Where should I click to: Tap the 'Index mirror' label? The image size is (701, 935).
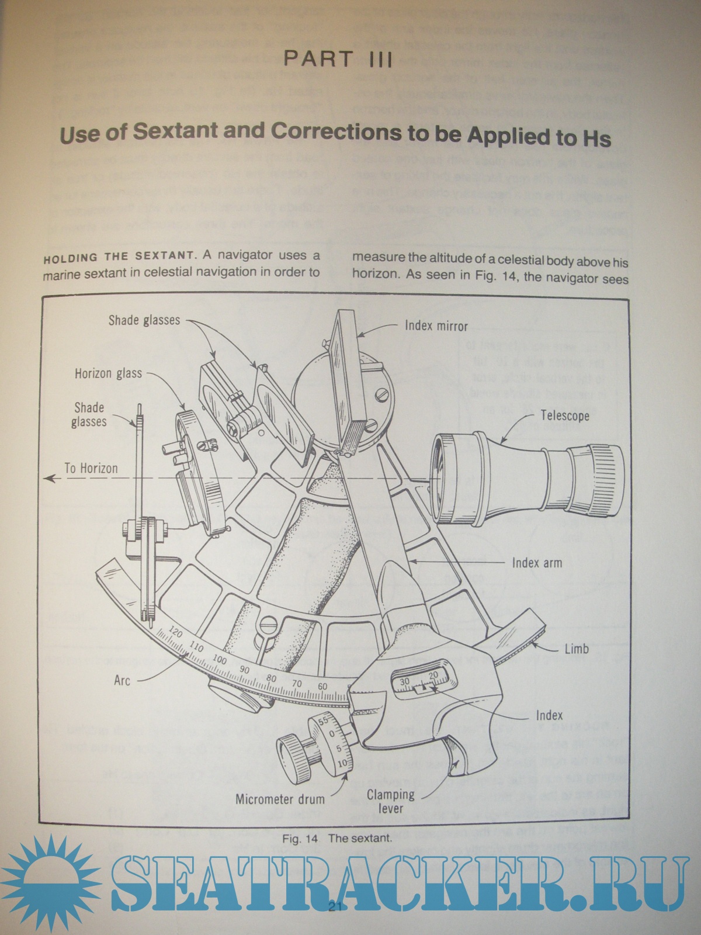[x=436, y=325]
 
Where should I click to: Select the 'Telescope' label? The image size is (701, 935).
[x=564, y=416]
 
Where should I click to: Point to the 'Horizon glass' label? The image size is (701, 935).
[x=108, y=373]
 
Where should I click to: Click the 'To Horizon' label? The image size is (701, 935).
[x=91, y=468]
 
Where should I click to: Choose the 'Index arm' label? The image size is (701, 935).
[x=537, y=563]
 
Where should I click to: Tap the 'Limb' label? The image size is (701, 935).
[x=576, y=649]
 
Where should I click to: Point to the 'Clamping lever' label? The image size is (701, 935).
[x=391, y=801]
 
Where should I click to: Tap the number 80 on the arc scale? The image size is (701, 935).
[x=270, y=678]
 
